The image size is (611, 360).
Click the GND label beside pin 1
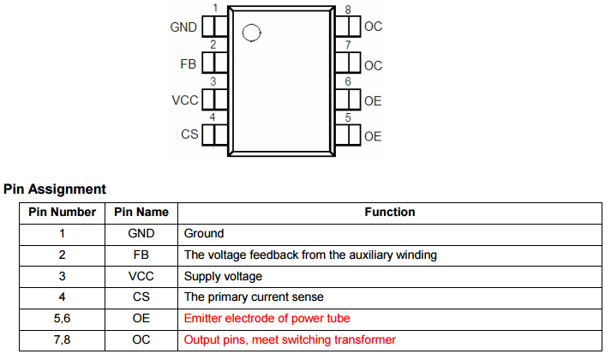pyautogui.click(x=184, y=27)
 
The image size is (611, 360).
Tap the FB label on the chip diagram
pyautogui.click(x=189, y=64)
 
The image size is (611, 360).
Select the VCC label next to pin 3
pyautogui.click(x=185, y=100)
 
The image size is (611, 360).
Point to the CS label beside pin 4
pyautogui.click(x=189, y=135)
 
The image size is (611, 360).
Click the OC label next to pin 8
pyautogui.click(x=374, y=27)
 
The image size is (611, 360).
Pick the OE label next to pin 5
pyautogui.click(x=373, y=136)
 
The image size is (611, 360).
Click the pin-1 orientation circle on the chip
pyautogui.click(x=250, y=33)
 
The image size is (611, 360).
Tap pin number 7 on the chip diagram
pyautogui.click(x=347, y=45)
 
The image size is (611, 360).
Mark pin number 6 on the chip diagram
pyautogui.click(x=347, y=81)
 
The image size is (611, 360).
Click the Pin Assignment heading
pyautogui.click(x=55, y=189)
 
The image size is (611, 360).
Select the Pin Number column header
pyautogui.click(x=62, y=212)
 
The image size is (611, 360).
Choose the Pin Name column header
pyautogui.click(x=141, y=212)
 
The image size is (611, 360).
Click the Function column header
pyautogui.click(x=390, y=212)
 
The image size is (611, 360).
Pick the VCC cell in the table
pyautogui.click(x=141, y=276)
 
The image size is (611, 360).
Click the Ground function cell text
pyautogui.click(x=204, y=233)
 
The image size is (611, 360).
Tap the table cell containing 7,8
pyautogui.click(x=62, y=340)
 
